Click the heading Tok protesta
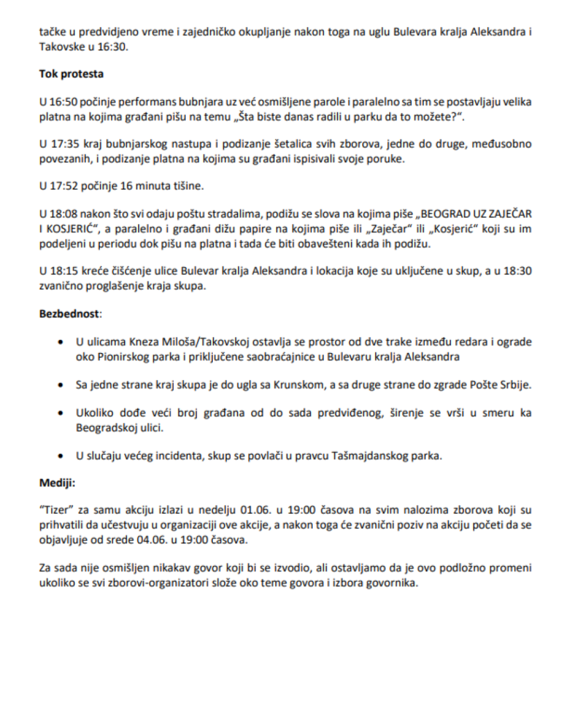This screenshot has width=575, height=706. click(71, 74)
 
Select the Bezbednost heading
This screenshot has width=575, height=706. click(69, 314)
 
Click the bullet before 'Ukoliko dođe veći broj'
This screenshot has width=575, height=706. click(61, 413)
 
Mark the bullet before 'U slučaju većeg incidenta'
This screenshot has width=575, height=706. click(61, 456)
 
